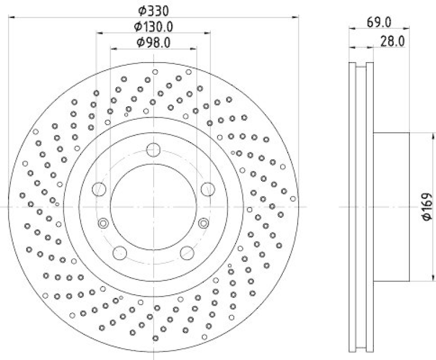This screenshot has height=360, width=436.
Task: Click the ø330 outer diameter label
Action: [154, 10]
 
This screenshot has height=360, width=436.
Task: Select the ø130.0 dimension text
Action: [154, 26]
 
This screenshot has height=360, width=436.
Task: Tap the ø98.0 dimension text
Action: [154, 42]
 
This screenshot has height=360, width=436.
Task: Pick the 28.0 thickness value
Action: [392, 41]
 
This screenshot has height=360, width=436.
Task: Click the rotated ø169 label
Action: [427, 207]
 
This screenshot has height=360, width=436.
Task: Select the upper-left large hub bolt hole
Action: [99, 189]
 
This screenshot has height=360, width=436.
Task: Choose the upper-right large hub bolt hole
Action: [208, 189]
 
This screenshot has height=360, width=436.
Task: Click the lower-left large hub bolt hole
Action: [120, 252]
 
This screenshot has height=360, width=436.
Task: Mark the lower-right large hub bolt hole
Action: [187, 252]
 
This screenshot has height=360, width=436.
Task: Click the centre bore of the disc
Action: [154, 207]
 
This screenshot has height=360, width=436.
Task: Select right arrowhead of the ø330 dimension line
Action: [296, 17]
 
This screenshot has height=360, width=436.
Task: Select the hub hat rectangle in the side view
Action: [391, 207]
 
